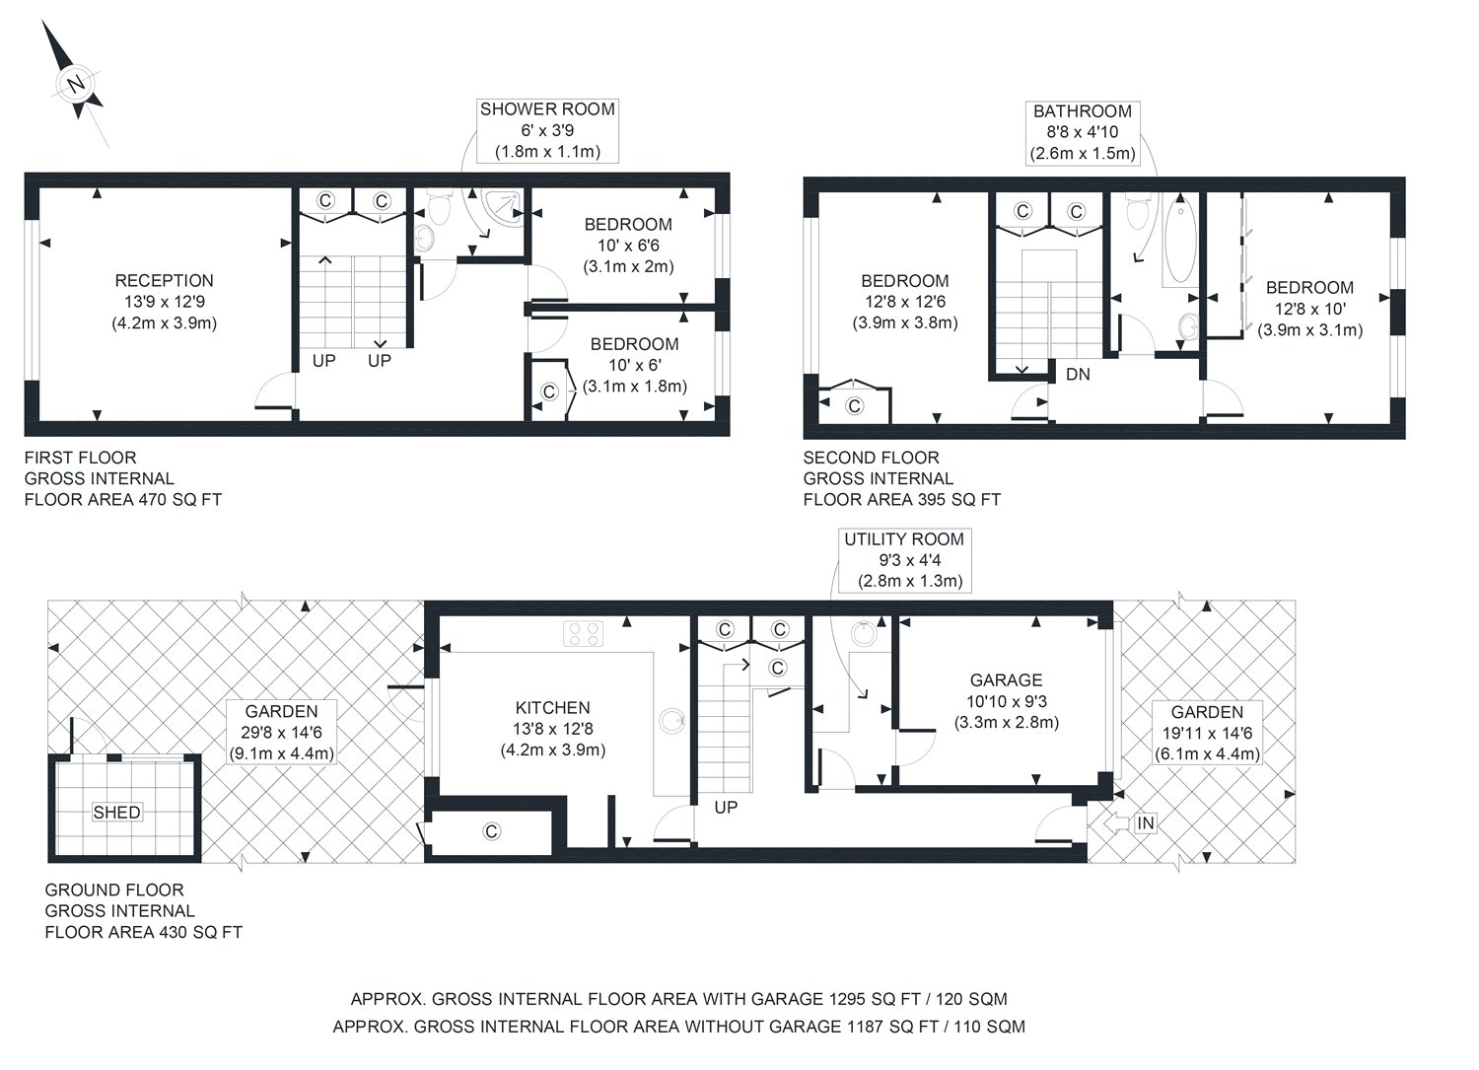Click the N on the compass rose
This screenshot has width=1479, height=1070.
[77, 84]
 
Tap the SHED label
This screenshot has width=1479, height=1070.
[116, 813]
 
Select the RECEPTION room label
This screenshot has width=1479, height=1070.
[164, 281]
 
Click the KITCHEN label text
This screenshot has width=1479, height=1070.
[552, 708]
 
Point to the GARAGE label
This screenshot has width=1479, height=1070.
[1007, 680]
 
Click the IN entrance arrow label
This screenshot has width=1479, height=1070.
[1146, 823]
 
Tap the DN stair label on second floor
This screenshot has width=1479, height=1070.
[1079, 375]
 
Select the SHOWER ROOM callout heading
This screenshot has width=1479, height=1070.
[547, 109]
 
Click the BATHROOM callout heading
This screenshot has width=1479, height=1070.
[1083, 111]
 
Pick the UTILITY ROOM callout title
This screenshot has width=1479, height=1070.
[904, 539]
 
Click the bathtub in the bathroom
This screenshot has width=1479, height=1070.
[1180, 241]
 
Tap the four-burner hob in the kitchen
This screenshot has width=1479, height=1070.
[583, 633]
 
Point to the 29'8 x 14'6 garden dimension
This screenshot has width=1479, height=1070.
[282, 733]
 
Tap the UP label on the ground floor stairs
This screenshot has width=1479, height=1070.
[726, 807]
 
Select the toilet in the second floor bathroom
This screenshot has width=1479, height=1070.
[1138, 211]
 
